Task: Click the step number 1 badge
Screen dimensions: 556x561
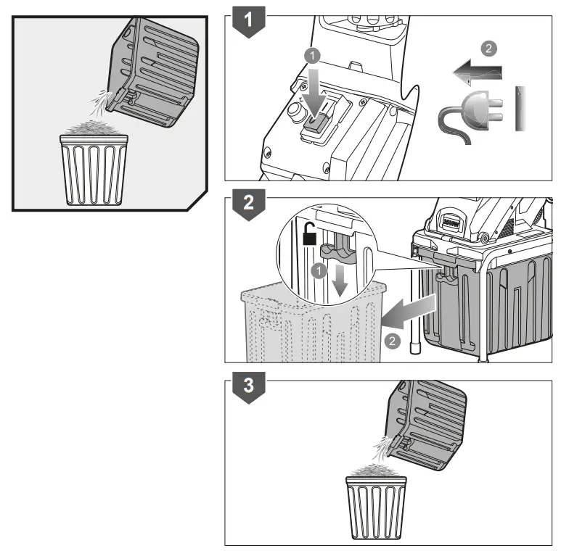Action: (248, 22)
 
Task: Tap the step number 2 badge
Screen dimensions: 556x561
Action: (248, 204)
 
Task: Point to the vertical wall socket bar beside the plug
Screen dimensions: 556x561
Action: (520, 109)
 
